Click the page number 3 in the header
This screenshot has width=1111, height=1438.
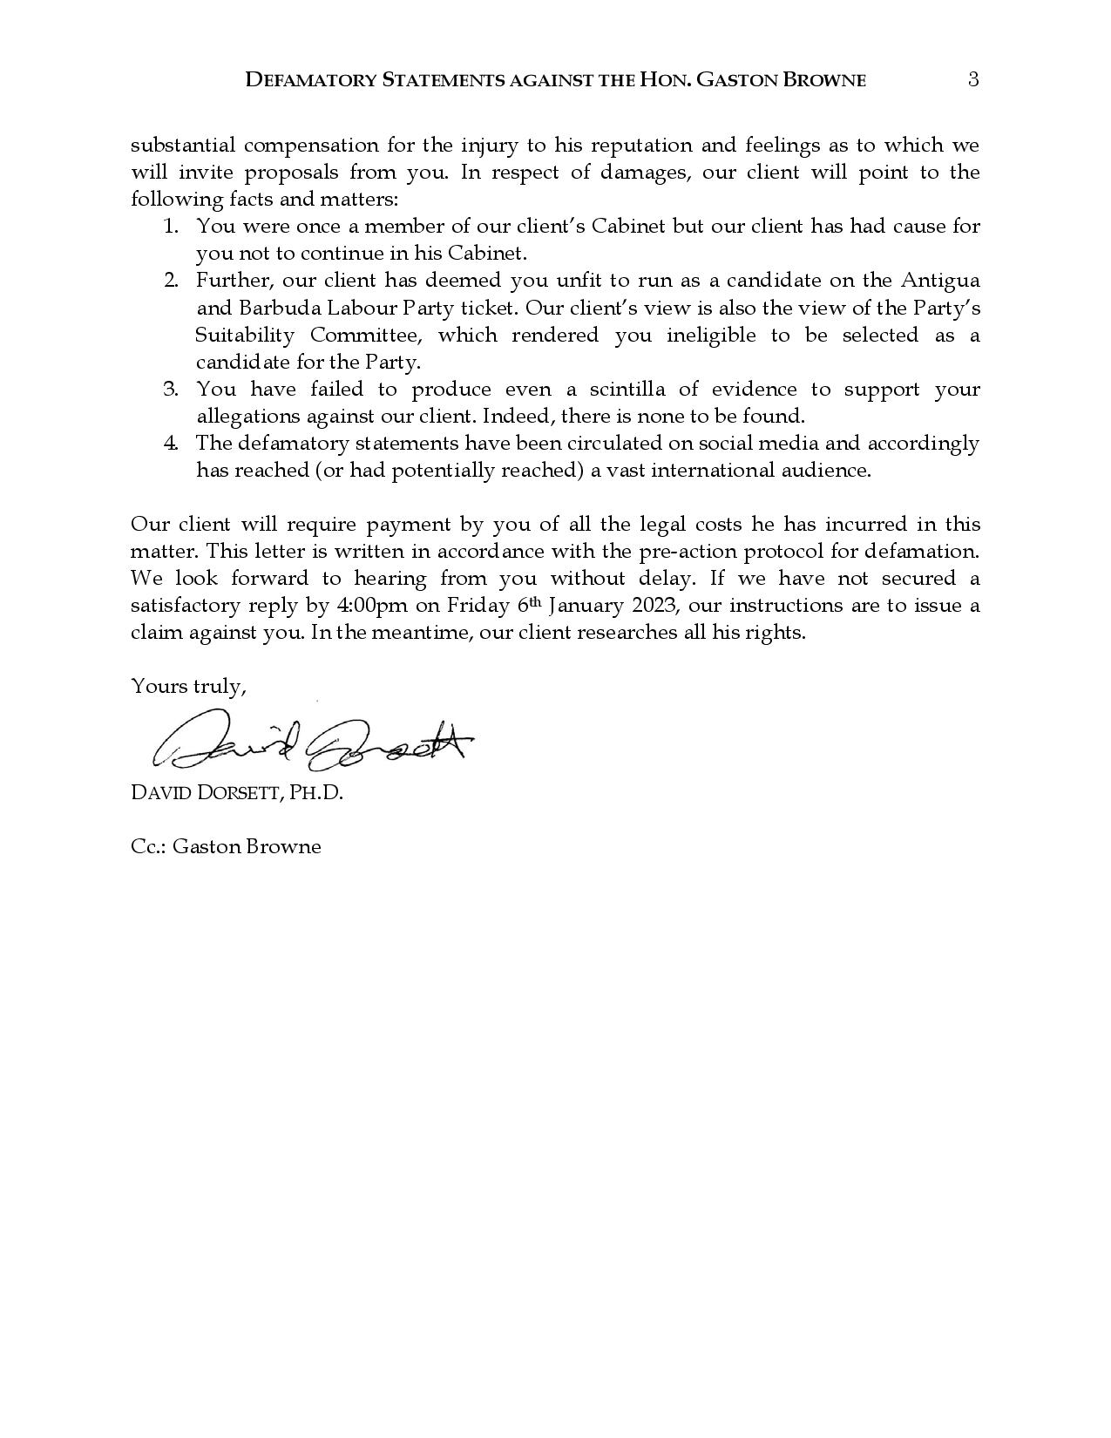click(x=973, y=79)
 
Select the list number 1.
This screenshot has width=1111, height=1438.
click(x=171, y=227)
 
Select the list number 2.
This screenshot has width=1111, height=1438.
click(x=171, y=281)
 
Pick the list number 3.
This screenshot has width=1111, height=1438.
click(x=171, y=390)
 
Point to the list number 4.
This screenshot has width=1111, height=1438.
click(x=171, y=444)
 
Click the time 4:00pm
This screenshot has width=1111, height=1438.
click(x=372, y=606)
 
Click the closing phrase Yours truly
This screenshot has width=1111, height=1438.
click(x=187, y=687)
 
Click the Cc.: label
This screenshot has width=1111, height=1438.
click(x=148, y=847)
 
